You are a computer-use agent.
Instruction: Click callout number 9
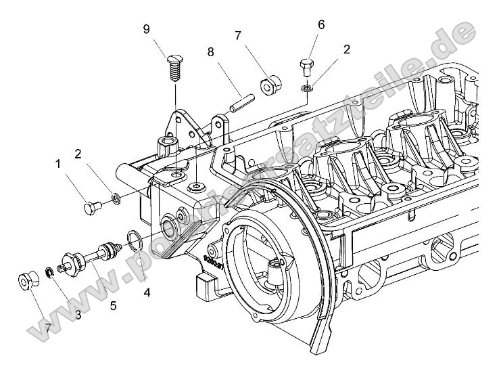tap(146, 29)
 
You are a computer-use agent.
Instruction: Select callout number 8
tap(210, 51)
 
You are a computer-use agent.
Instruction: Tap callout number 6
tap(321, 24)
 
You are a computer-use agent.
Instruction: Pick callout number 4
tap(147, 292)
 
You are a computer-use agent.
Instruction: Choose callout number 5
tap(113, 305)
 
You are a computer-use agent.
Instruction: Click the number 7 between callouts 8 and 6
tap(237, 35)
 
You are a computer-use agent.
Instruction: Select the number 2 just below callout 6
tap(346, 49)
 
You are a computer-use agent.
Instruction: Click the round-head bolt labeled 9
tap(175, 67)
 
